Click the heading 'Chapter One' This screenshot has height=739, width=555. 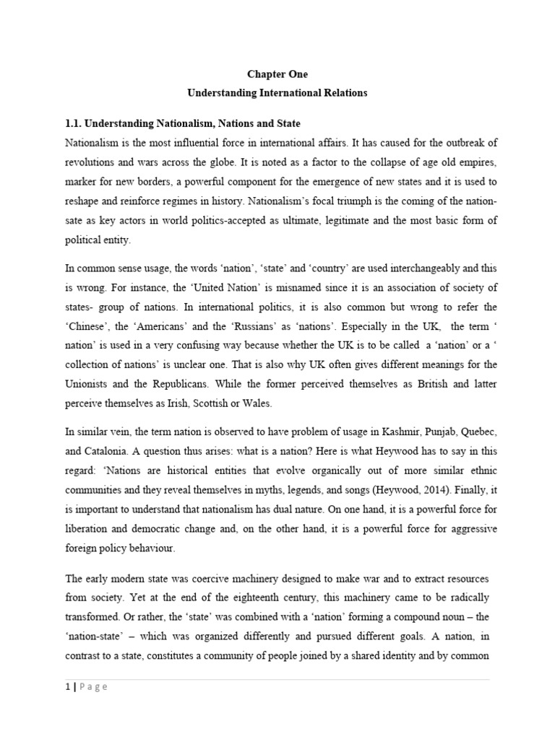(278, 74)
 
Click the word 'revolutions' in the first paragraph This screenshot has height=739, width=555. (91, 162)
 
